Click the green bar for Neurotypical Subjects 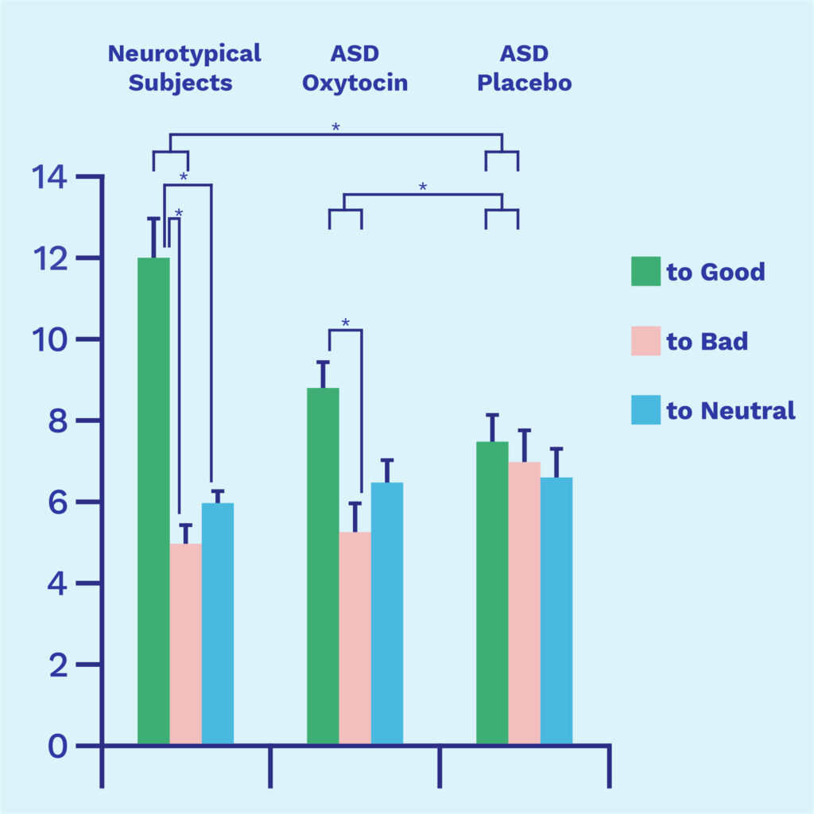coord(153,501)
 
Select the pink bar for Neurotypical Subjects coord(185,644)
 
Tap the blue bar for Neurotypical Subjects coord(217,624)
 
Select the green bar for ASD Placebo coord(492,593)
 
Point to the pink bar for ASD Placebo coord(524,603)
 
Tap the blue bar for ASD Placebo coord(556,611)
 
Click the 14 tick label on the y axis coord(49,177)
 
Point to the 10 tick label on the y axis coord(49,340)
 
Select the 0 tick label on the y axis coord(58,746)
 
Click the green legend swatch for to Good coord(645,271)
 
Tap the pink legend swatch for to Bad coord(645,341)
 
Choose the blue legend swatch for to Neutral coord(645,410)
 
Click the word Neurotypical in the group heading coord(184,54)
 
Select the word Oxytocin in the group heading coord(355,83)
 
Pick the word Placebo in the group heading coord(525,83)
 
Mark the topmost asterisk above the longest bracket coord(335,127)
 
